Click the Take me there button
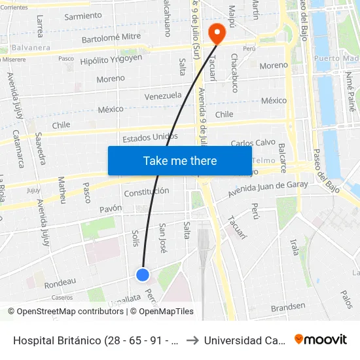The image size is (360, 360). (x=180, y=161)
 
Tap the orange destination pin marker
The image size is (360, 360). (x=215, y=32)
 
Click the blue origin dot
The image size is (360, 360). (x=143, y=275)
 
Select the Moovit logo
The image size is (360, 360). (x=321, y=340)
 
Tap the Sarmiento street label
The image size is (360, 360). (x=83, y=16)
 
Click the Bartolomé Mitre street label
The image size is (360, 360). (x=111, y=39)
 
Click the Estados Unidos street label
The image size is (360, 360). (x=150, y=137)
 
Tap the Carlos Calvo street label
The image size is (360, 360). (x=253, y=143)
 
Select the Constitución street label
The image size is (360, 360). (x=147, y=192)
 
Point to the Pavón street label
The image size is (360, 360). (x=111, y=209)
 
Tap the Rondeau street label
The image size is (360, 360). (x=60, y=282)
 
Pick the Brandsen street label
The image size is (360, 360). (x=288, y=306)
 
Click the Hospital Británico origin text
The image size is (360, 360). (x=95, y=340)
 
